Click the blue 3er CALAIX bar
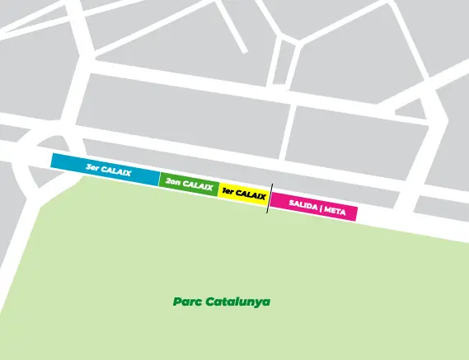tap(105, 169)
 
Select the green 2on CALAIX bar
tap(189, 185)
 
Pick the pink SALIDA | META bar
tap(313, 207)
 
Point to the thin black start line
tap(269, 198)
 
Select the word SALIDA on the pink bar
tap(303, 206)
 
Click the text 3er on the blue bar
tap(91, 167)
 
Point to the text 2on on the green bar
tap(173, 181)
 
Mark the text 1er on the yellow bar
tap(227, 192)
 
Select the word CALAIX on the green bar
tap(198, 185)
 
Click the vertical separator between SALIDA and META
tap(321, 208)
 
